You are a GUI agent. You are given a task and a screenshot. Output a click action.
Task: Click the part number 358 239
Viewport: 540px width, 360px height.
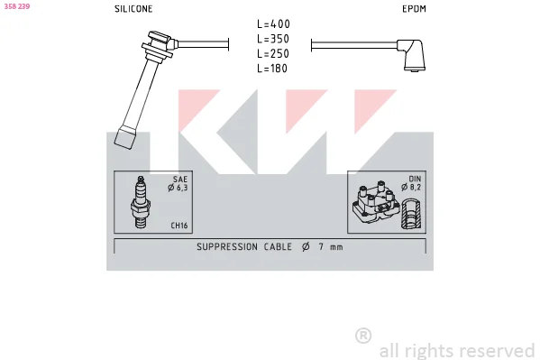17,6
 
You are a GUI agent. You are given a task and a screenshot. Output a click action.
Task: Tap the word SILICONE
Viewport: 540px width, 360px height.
133,9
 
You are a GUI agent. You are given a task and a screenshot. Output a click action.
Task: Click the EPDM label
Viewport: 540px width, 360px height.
414,9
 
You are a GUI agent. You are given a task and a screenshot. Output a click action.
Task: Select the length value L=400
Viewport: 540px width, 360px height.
273,24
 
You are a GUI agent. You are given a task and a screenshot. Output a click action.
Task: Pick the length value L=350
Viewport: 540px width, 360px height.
273,39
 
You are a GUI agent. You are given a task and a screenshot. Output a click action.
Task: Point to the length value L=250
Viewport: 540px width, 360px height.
273,54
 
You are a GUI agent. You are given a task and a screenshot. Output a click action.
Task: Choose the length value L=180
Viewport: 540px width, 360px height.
272,69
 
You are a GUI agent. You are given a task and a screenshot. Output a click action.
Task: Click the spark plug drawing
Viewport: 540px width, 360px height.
141,202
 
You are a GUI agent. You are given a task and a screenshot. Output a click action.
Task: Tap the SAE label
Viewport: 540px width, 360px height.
180,180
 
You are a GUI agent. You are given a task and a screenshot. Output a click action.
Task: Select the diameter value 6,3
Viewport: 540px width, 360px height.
182,188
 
